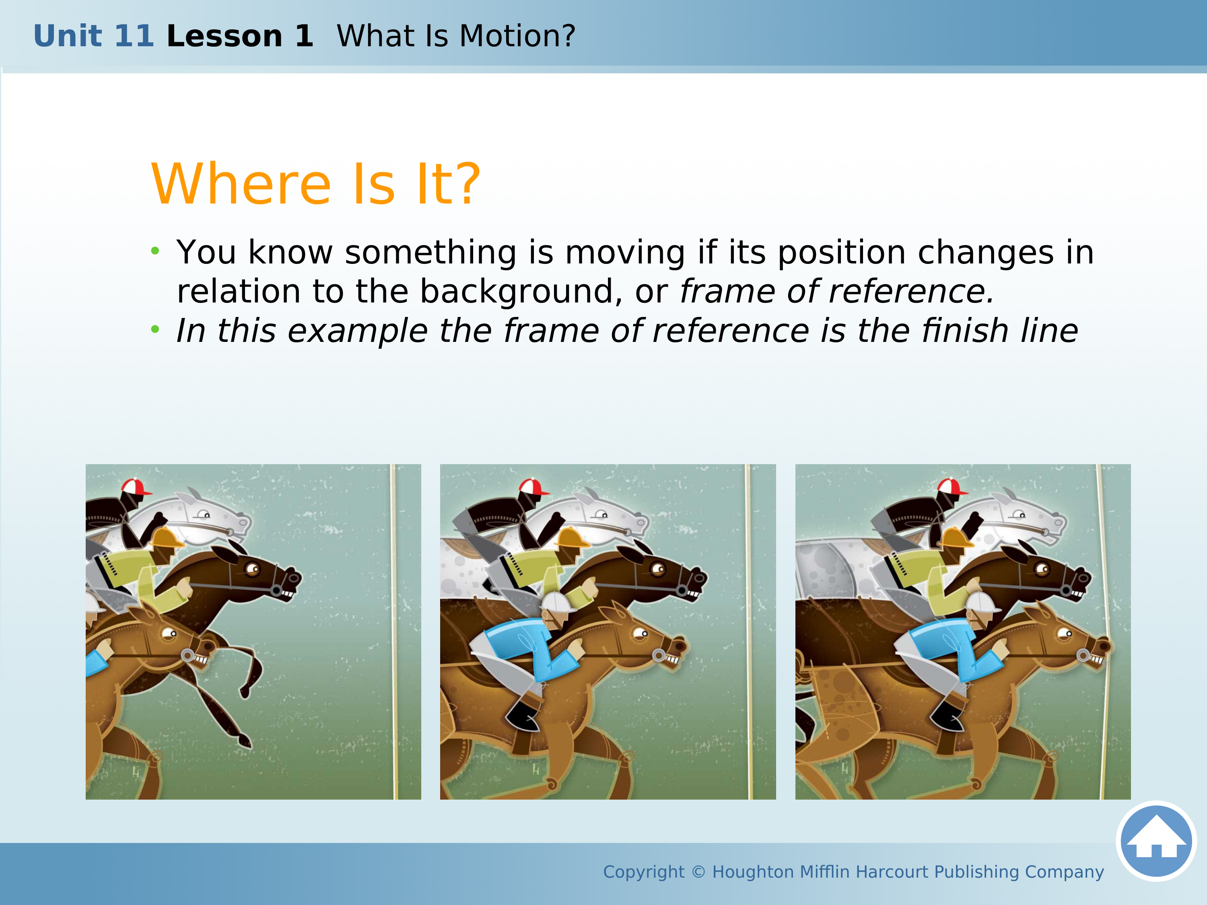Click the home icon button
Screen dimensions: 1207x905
[1156, 841]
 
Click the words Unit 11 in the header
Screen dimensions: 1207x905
[94, 36]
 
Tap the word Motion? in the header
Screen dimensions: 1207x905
[517, 36]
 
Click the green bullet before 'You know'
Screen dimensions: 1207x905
[156, 251]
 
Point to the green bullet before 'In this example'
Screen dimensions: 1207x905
[156, 329]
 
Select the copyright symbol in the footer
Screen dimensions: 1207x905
[698, 872]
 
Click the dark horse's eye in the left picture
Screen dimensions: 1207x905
[253, 569]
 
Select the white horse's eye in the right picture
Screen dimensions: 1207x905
[1018, 514]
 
